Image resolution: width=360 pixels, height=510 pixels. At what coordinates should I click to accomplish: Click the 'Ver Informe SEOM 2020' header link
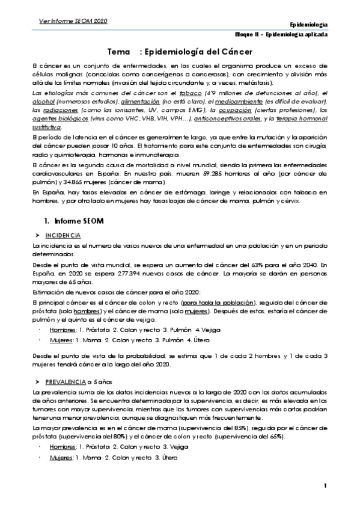coord(74,21)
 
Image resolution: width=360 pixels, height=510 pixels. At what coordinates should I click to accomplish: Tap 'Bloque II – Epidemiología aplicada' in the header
coord(281,35)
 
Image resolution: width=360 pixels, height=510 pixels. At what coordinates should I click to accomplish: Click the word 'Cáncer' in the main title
coord(232,52)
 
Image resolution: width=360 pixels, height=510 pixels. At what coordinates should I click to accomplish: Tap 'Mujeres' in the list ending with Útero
coord(61,458)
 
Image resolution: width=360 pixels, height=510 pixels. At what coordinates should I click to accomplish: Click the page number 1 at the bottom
coord(325,485)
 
